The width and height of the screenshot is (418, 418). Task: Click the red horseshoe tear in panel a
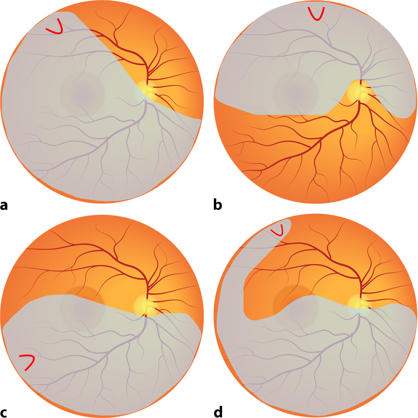pyautogui.click(x=55, y=28)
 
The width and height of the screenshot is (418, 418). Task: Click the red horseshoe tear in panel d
pyautogui.click(x=278, y=231)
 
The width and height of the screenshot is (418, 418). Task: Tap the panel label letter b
pyautogui.click(x=218, y=205)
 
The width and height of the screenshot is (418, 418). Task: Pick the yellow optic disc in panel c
pyautogui.click(x=147, y=305)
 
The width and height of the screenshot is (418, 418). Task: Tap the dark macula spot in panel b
pyautogui.click(x=295, y=91)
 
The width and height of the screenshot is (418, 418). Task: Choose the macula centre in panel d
pyautogui.click(x=295, y=304)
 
